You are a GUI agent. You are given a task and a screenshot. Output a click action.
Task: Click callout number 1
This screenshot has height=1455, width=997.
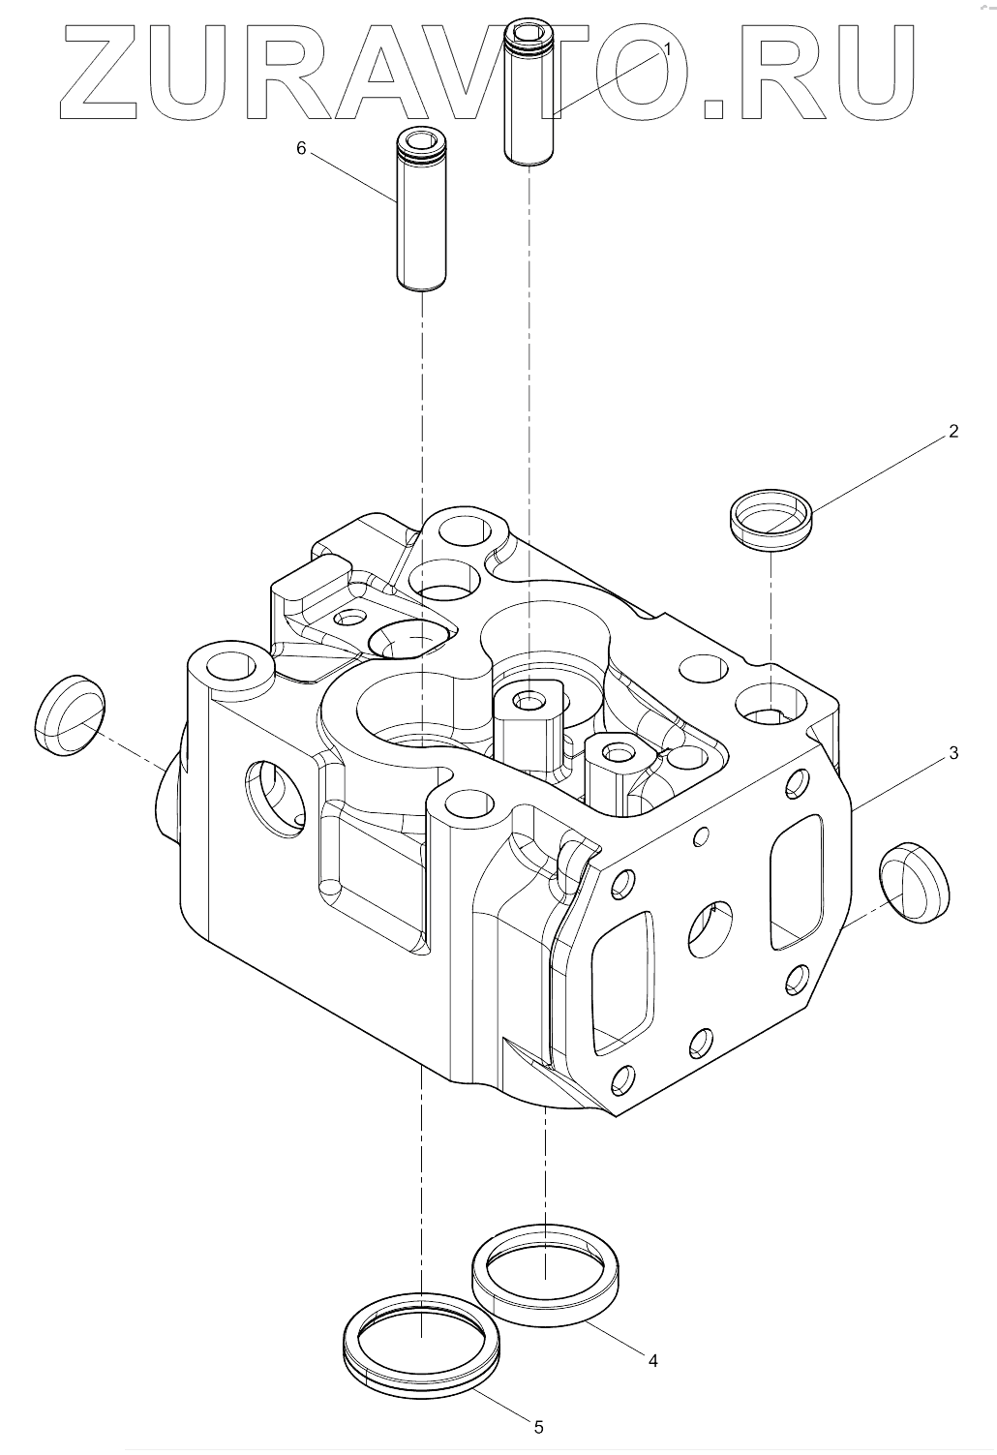pyautogui.click(x=667, y=47)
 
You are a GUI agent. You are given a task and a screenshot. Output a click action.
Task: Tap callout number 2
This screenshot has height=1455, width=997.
pyautogui.click(x=952, y=432)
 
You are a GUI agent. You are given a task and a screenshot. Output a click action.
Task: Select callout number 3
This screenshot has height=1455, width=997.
pyautogui.click(x=952, y=752)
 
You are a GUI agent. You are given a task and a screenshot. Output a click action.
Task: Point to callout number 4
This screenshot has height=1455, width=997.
pyautogui.click(x=652, y=1360)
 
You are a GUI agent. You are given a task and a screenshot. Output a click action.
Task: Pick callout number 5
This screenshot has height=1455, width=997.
pyautogui.click(x=539, y=1426)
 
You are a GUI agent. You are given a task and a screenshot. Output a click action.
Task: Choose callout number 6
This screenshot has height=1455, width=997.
pyautogui.click(x=300, y=148)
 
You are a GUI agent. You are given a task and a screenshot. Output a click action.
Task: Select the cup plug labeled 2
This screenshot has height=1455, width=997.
pyautogui.click(x=770, y=520)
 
